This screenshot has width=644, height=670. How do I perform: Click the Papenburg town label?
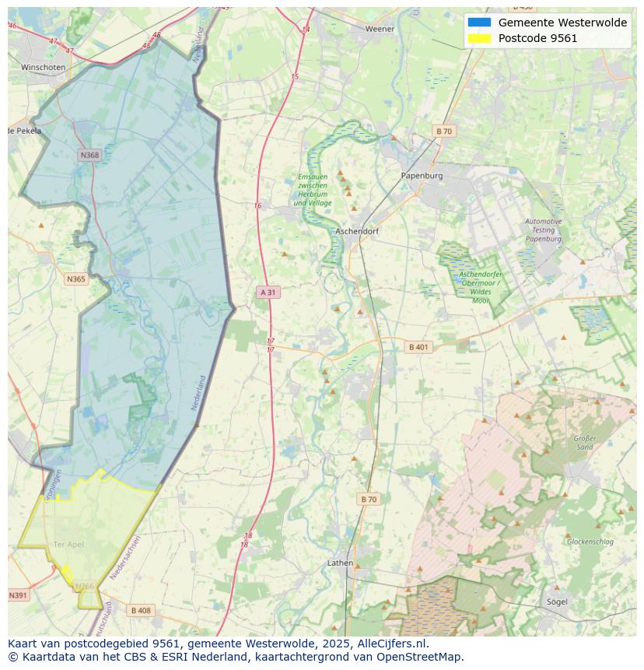click(x=422, y=176)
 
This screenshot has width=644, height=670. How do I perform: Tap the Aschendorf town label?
click(x=356, y=232)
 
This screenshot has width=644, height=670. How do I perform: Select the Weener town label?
click(x=380, y=29)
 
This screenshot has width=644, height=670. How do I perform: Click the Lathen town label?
click(x=340, y=563)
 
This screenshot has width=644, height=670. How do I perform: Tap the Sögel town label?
click(x=557, y=602)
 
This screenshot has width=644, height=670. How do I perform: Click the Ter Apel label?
click(x=68, y=545)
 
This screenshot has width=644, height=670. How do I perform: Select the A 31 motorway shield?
click(x=267, y=292)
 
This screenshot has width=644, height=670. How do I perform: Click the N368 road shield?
click(x=89, y=155)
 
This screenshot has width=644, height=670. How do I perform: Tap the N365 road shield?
click(x=76, y=279)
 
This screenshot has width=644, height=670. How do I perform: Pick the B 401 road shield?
click(x=418, y=347)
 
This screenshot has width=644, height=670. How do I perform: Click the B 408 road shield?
click(x=141, y=611)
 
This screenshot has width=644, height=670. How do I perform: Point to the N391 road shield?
click(x=18, y=595)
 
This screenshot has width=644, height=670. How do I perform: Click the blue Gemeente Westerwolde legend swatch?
click(x=479, y=23)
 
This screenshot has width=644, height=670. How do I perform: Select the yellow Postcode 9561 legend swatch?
click(x=479, y=38)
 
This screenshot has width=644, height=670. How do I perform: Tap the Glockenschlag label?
click(x=590, y=542)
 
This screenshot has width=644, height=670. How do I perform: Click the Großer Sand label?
click(x=585, y=443)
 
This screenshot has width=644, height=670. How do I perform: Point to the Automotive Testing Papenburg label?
click(x=543, y=230)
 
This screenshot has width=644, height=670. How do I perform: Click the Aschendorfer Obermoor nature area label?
click(x=480, y=286)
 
